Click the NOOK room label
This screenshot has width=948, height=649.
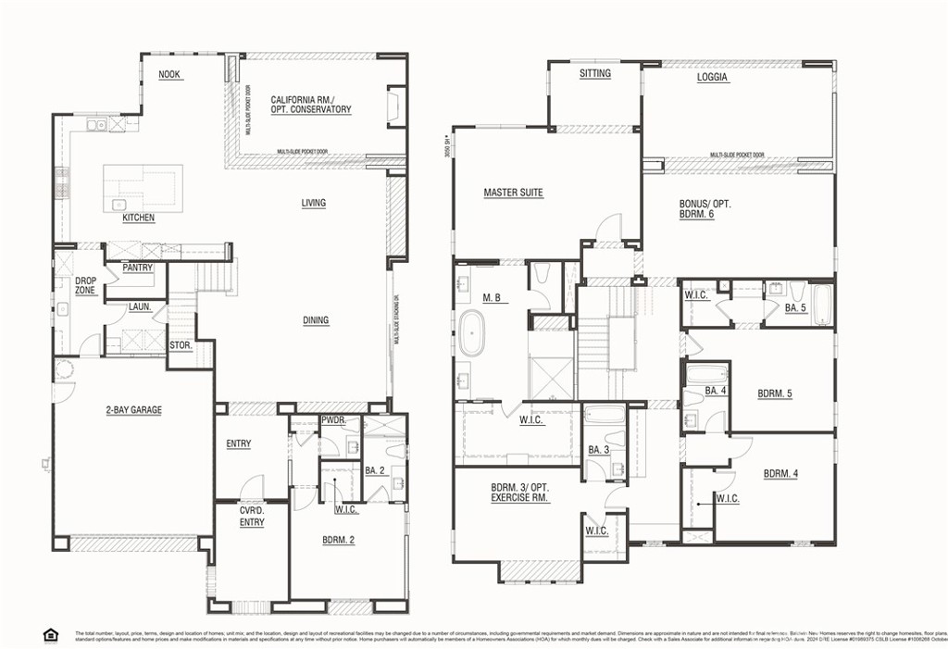(168, 75)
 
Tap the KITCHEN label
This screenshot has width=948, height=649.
(139, 218)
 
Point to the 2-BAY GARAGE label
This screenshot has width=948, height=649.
(133, 410)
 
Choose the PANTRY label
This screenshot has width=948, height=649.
(137, 268)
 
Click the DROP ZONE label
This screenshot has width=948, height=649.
(85, 285)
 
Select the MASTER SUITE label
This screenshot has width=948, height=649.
(513, 193)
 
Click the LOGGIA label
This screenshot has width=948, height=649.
(713, 79)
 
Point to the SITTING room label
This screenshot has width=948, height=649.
(594, 73)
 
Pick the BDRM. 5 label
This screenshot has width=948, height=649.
(775, 393)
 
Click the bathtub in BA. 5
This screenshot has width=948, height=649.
(821, 306)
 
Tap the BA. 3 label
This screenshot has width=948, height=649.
(599, 451)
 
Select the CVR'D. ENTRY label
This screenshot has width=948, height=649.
(252, 516)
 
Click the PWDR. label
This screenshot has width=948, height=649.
(333, 420)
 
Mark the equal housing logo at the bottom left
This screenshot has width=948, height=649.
(50, 634)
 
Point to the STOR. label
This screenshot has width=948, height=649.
(181, 346)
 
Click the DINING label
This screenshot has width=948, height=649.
(315, 321)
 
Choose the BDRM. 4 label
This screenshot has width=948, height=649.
(780, 474)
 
